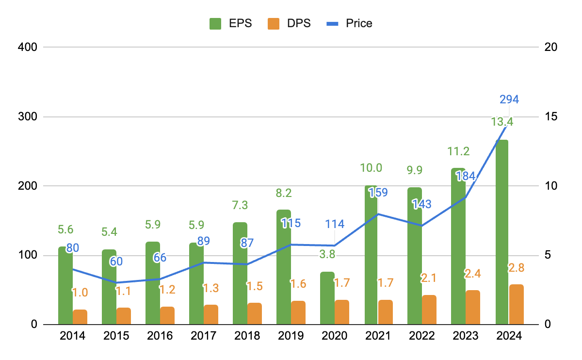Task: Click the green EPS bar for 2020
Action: tap(327, 298)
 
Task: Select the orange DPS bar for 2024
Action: tap(517, 304)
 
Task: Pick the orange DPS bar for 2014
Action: tap(80, 317)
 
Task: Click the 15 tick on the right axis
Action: tap(551, 117)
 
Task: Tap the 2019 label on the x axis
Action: tap(291, 336)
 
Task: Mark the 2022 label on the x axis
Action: tap(422, 336)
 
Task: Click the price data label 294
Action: tap(509, 99)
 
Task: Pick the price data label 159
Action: tap(378, 192)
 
